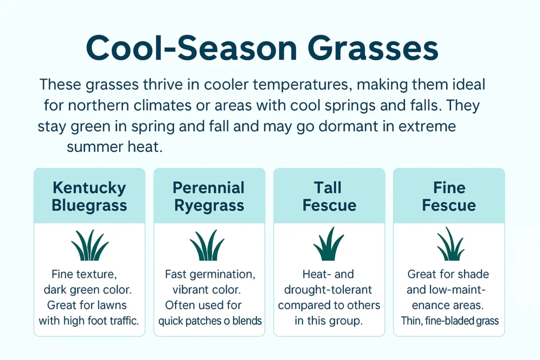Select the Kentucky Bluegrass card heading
pyautogui.click(x=89, y=196)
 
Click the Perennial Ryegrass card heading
pyautogui.click(x=209, y=196)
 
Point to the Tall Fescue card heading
pyautogui.click(x=329, y=196)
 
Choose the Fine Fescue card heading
pyautogui.click(x=449, y=196)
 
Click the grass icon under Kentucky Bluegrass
pyautogui.click(x=89, y=245)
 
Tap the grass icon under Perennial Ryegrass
pyautogui.click(x=209, y=245)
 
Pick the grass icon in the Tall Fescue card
pyautogui.click(x=329, y=244)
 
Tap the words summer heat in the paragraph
pyautogui.click(x=113, y=147)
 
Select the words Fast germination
pyautogui.click(x=209, y=274)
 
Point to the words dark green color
pyautogui.click(x=89, y=289)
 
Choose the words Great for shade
pyautogui.click(x=448, y=274)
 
